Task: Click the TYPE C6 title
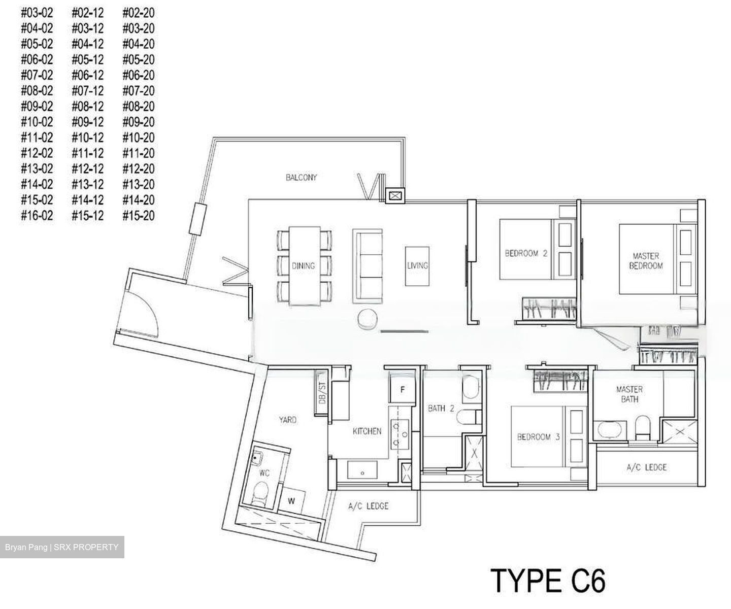click(x=548, y=581)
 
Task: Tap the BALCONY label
click(x=301, y=178)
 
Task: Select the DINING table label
click(x=303, y=265)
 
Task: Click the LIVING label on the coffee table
click(x=417, y=265)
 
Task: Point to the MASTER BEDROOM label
click(x=646, y=261)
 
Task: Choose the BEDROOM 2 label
click(x=526, y=253)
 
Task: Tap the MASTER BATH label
click(x=629, y=394)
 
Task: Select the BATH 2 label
click(x=441, y=408)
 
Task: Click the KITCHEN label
click(x=367, y=431)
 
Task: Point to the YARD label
click(x=288, y=420)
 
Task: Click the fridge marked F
click(x=403, y=390)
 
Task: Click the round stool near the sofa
click(x=367, y=319)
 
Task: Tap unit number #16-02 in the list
click(x=37, y=216)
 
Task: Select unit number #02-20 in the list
click(x=139, y=13)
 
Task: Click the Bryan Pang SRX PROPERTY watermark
click(x=62, y=547)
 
